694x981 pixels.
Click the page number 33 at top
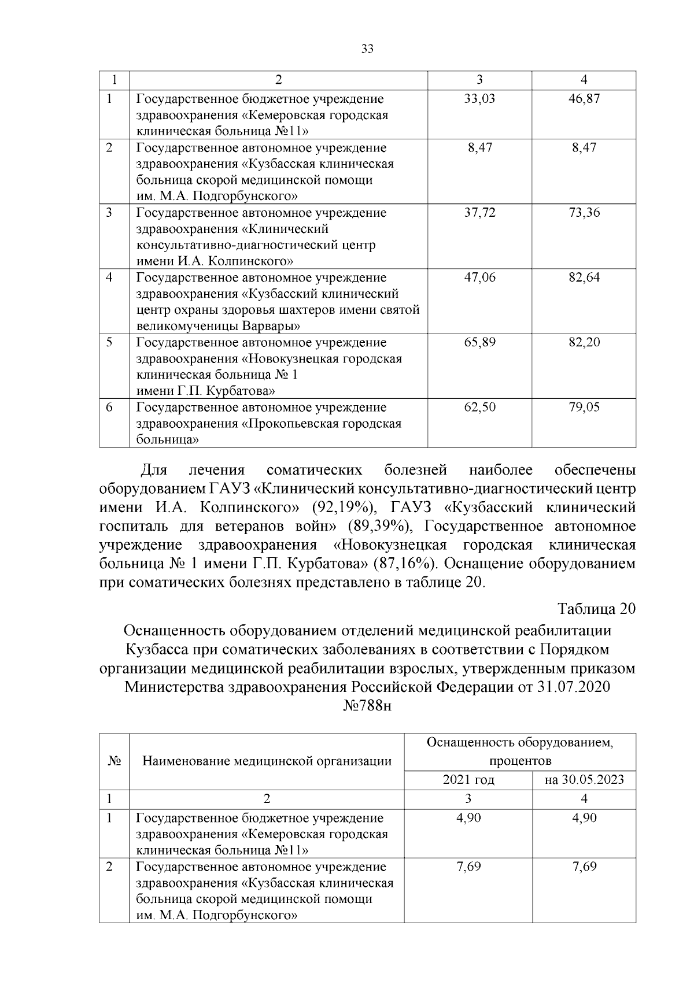pyautogui.click(x=367, y=49)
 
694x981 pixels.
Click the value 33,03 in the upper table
pyautogui.click(x=479, y=99)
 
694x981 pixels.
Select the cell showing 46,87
pyautogui.click(x=584, y=99)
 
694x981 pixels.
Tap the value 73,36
pyautogui.click(x=584, y=213)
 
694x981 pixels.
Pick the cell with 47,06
pyautogui.click(x=479, y=277)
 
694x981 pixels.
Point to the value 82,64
pyautogui.click(x=584, y=277)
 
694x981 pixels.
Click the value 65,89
pyautogui.click(x=479, y=342)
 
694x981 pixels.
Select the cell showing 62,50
pyautogui.click(x=479, y=408)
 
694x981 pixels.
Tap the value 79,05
pyautogui.click(x=584, y=408)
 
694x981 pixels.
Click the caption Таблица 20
pyautogui.click(x=596, y=609)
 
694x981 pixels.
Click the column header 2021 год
pyautogui.click(x=468, y=780)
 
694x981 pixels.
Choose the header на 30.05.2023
pyautogui.click(x=584, y=780)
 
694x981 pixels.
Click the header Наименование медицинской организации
pyautogui.click(x=267, y=761)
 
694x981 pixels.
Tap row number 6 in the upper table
pyautogui.click(x=109, y=408)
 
